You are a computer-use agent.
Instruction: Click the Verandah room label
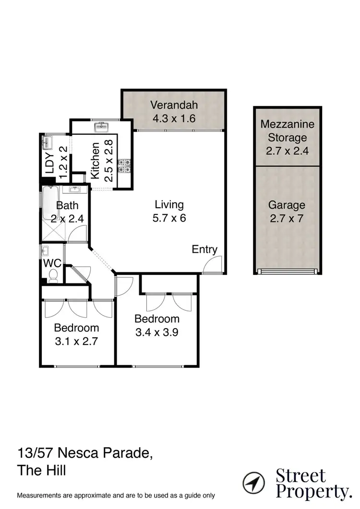[173, 105]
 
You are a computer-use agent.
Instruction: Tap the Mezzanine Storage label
[287, 131]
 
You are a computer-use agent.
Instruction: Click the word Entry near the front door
[204, 249]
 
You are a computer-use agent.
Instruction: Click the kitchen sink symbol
[101, 127]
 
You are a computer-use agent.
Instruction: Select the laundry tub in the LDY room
[47, 142]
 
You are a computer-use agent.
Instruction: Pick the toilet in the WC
[53, 275]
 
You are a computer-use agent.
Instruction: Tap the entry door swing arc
[211, 264]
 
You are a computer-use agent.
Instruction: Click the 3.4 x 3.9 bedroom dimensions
[156, 332]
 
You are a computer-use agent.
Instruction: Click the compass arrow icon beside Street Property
[254, 482]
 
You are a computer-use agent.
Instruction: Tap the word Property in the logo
[313, 492]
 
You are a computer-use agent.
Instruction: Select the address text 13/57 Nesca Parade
[85, 452]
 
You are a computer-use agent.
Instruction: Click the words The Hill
[41, 470]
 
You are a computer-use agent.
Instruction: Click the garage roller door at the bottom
[287, 271]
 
